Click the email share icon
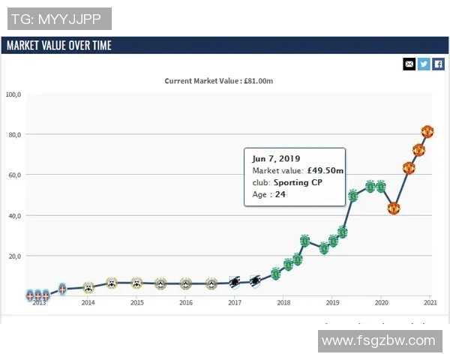(x=409, y=64)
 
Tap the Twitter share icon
(x=424, y=64)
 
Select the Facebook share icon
(x=439, y=64)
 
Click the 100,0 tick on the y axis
(x=13, y=94)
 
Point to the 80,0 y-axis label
(x=14, y=135)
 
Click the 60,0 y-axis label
(x=14, y=175)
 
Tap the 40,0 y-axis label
(x=14, y=216)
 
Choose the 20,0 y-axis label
(x=14, y=256)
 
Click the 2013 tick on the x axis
(x=39, y=303)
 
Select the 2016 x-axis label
(x=185, y=303)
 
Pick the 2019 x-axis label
(x=332, y=303)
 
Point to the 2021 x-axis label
(x=430, y=303)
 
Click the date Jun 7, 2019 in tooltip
(x=275, y=159)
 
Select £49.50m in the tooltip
(x=325, y=171)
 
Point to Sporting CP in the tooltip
(x=298, y=183)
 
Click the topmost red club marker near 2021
(x=427, y=132)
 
